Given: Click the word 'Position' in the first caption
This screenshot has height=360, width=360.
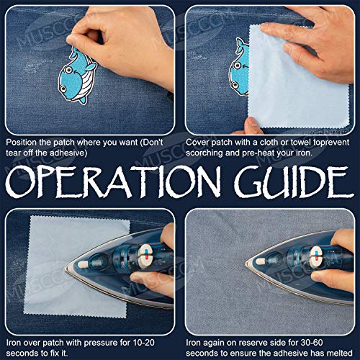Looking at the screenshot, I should point(22,142).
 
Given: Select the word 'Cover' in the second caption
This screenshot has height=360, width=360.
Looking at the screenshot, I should point(199,142).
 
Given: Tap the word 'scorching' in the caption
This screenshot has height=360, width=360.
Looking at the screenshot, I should point(210,153).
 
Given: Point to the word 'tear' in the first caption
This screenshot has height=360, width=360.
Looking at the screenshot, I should point(14,153).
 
